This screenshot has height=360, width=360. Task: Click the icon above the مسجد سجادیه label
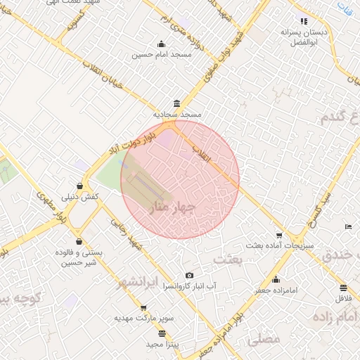(175, 102)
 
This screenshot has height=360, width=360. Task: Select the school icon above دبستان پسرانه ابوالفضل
(303, 22)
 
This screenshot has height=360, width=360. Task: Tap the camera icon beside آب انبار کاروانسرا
(188, 275)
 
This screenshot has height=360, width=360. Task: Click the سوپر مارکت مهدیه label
(144, 318)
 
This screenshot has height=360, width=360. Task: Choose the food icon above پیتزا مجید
(162, 333)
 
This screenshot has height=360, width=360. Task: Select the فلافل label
(343, 298)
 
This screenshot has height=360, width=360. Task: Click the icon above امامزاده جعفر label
(276, 279)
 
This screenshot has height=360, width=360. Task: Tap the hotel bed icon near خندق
(349, 226)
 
